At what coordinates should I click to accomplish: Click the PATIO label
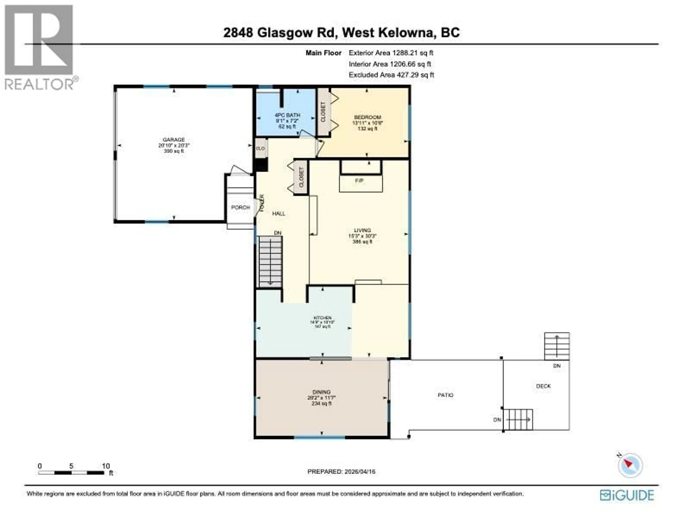pyautogui.click(x=445, y=395)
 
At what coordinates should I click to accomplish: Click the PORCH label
pyautogui.click(x=240, y=207)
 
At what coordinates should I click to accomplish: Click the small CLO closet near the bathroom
pyautogui.click(x=261, y=148)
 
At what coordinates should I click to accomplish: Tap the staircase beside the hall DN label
pyautogui.click(x=271, y=262)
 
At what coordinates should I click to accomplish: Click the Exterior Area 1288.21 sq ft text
pyautogui.click(x=391, y=53)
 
